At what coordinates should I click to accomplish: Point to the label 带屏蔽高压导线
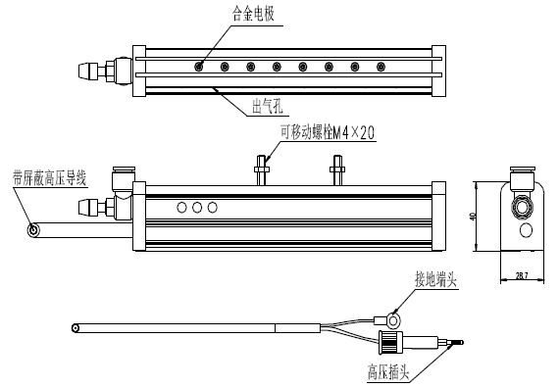[x=49, y=177]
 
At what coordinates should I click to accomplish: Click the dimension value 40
[x=473, y=216]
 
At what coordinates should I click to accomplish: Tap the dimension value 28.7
[x=521, y=277]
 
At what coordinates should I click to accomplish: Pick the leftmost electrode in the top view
[x=200, y=67]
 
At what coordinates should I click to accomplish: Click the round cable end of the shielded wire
[x=34, y=231]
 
